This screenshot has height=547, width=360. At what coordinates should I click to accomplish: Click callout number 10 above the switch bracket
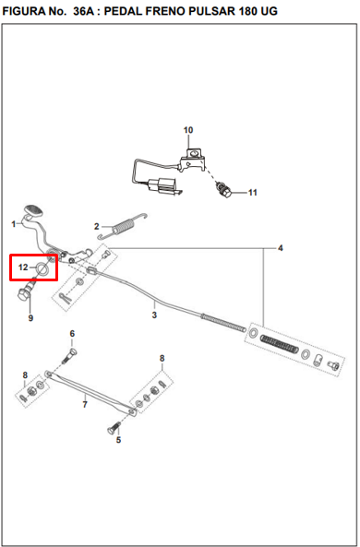coord(188,130)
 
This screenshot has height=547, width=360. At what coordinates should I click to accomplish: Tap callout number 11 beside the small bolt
coord(253,193)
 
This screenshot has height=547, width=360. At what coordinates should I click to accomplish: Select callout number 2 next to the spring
coord(97,226)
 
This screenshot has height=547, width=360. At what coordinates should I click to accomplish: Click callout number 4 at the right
coord(281,248)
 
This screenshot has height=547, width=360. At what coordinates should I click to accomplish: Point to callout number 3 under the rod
coord(154,315)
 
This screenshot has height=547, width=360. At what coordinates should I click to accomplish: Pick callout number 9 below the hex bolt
coord(72,334)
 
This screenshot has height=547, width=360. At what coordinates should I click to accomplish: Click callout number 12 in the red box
coord(85,405)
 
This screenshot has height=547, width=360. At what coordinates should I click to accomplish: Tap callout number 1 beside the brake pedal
coord(14,224)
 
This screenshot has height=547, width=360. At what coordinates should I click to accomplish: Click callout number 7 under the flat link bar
coord(85,405)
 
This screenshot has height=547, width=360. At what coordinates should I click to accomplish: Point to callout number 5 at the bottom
coord(118,440)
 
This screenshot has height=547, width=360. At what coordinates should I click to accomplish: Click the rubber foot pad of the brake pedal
coord(33,210)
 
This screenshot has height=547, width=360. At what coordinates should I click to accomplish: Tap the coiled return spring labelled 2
coord(123,226)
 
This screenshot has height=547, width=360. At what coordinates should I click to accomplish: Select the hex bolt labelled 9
coord(26,292)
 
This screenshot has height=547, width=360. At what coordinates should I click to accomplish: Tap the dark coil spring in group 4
coord(280,343)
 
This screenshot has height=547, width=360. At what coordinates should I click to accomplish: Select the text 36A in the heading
coord(83,11)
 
